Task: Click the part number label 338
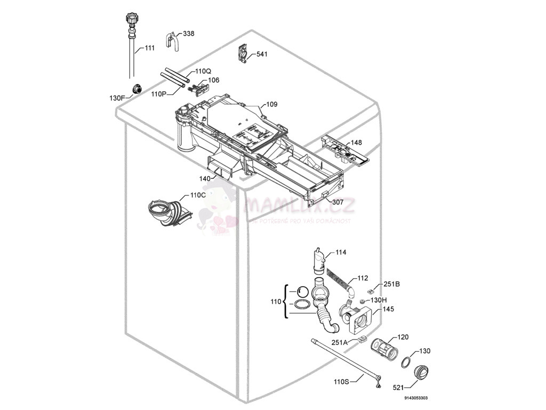189,34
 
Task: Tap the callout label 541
262,54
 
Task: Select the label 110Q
203,71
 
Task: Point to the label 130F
117,98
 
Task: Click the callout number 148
356,143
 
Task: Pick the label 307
338,202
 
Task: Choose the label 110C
197,195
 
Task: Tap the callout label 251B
392,285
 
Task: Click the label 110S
341,381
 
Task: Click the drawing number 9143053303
416,398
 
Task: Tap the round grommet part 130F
137,88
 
